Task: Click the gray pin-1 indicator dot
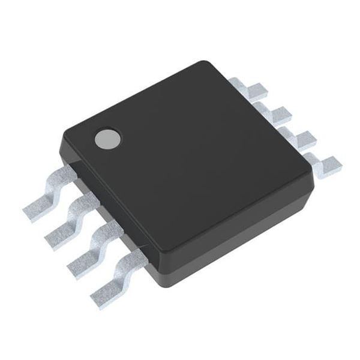pyautogui.click(x=108, y=139)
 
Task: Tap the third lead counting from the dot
pyautogui.click(x=94, y=246)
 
